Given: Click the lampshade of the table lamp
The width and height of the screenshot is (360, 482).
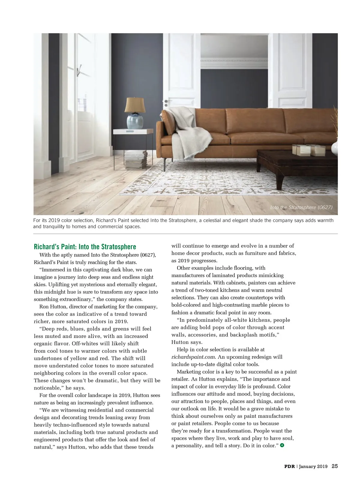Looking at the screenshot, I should coord(135,105).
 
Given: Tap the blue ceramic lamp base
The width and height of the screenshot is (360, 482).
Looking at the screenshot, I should coord(135,121).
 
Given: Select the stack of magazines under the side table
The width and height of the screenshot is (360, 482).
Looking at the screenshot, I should coord(136,159).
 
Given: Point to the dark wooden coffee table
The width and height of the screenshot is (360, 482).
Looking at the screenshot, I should coord(297,162).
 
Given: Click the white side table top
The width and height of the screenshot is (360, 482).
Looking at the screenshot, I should coord(133,131).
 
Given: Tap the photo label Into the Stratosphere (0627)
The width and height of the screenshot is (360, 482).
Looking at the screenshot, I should coord(301,207).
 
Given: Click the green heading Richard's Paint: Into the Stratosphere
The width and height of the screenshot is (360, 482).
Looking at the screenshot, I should coord(85,247).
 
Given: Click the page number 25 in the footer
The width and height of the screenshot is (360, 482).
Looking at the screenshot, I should coord(334,466).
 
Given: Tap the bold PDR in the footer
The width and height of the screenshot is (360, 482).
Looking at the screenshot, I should coord(289,466).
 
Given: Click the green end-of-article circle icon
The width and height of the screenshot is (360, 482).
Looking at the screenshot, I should coord(282,445).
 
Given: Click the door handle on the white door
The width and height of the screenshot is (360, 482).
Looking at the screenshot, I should coord(166,102).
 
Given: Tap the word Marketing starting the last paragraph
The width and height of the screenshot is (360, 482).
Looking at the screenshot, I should coord(189,372).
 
